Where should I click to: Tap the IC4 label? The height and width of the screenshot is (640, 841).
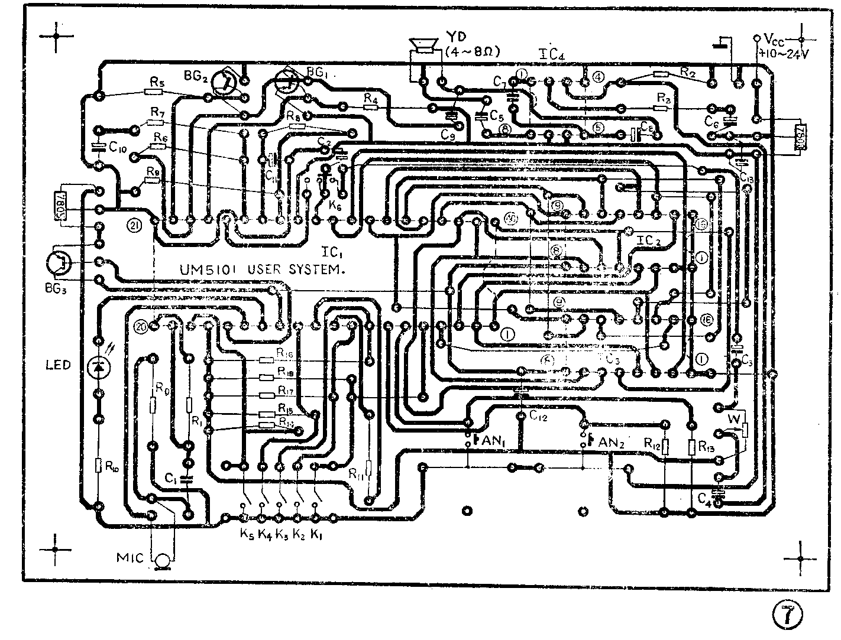[553, 53]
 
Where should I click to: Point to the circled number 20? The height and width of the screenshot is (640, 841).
[141, 326]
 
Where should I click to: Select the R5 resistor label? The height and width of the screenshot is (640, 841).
[156, 82]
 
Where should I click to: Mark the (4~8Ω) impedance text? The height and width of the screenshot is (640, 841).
[473, 51]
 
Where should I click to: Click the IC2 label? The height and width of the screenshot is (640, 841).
[649, 241]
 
